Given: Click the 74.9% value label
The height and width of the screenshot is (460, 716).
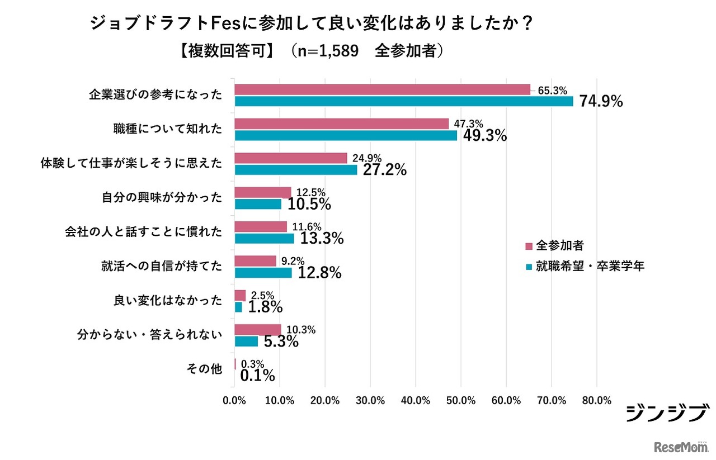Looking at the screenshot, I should click(x=601, y=101).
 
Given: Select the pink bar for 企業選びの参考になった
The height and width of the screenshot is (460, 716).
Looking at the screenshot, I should click(x=382, y=89).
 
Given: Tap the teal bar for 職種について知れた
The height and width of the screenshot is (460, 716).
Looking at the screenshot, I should click(x=346, y=135).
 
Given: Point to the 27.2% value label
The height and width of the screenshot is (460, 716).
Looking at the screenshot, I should click(x=384, y=170).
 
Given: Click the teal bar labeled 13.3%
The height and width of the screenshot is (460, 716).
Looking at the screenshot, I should click(x=264, y=239).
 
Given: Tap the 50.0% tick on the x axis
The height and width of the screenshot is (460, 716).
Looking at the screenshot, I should click(x=460, y=401).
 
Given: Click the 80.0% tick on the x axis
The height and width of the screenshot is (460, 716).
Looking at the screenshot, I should click(x=596, y=401).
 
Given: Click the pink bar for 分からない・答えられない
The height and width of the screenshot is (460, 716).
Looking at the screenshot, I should click(x=257, y=330).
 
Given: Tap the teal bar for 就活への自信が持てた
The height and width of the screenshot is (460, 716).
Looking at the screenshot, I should click(x=263, y=273).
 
